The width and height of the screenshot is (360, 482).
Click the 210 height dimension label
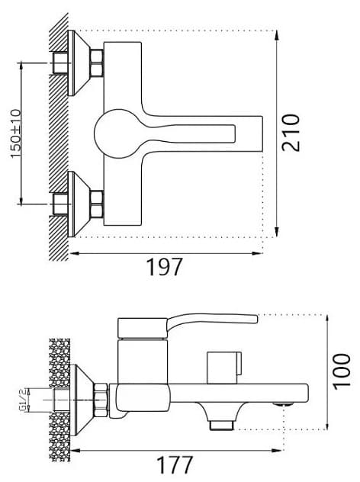(x=291, y=133)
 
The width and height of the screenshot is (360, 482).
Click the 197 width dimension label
(x=165, y=267)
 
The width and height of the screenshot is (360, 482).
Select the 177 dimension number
(x=175, y=464)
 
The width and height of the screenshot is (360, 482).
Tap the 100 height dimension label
(x=342, y=371)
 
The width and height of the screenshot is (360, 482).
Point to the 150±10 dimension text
(x=16, y=133)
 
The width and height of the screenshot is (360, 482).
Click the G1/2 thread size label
(x=23, y=400)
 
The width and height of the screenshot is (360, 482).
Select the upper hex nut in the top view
(x=97, y=63)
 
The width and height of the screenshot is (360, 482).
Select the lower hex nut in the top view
(x=97, y=204)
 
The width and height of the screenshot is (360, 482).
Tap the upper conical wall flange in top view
(x=79, y=63)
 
